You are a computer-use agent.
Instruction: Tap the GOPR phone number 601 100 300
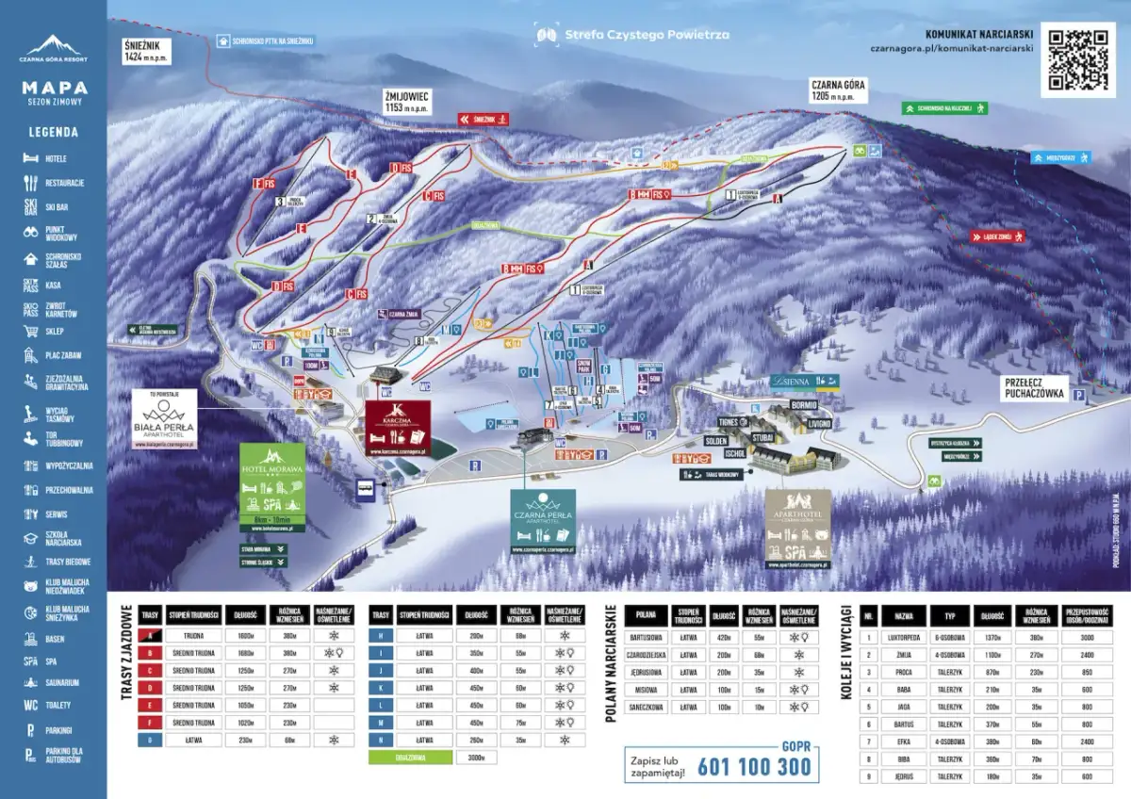click(754, 765)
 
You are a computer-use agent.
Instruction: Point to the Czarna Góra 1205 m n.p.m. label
click(838, 90)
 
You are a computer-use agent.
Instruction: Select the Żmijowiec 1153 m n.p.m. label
click(407, 103)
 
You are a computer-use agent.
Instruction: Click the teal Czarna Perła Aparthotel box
click(542, 519)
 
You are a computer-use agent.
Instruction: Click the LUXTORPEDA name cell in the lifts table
click(904, 637)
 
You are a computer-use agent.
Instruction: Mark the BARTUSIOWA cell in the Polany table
click(647, 638)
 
